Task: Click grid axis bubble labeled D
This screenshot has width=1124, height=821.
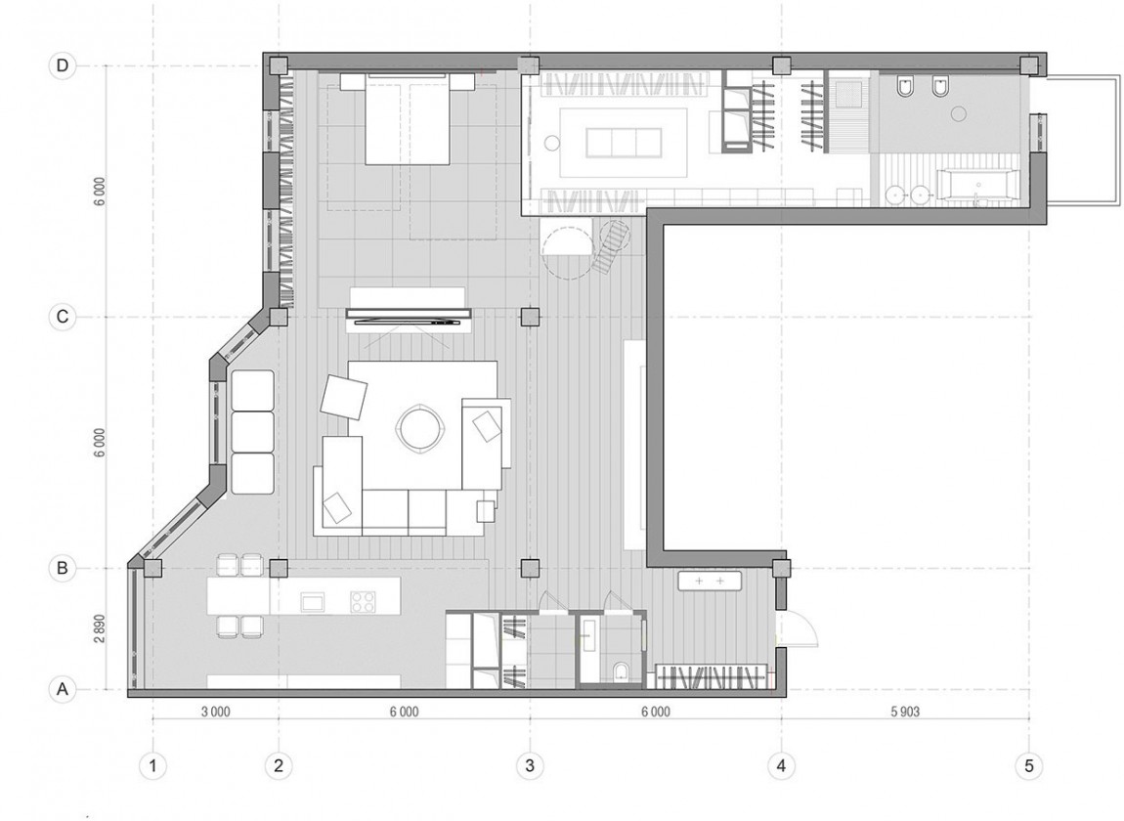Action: [63, 66]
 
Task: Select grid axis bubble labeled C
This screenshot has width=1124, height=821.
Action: [63, 318]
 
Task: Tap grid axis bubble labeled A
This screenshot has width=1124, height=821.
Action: [63, 689]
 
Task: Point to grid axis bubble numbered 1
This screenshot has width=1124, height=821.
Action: [152, 765]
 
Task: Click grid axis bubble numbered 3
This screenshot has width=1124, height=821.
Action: [530, 765]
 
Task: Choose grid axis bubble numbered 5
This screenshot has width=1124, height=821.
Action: [1028, 765]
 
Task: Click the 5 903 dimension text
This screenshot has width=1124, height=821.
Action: [904, 713]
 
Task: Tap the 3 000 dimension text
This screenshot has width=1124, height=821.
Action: [215, 713]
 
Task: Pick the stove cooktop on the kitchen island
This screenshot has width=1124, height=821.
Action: [363, 601]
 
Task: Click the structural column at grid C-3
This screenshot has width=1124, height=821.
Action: [530, 317]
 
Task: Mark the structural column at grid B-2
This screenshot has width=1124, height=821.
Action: [279, 567]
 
